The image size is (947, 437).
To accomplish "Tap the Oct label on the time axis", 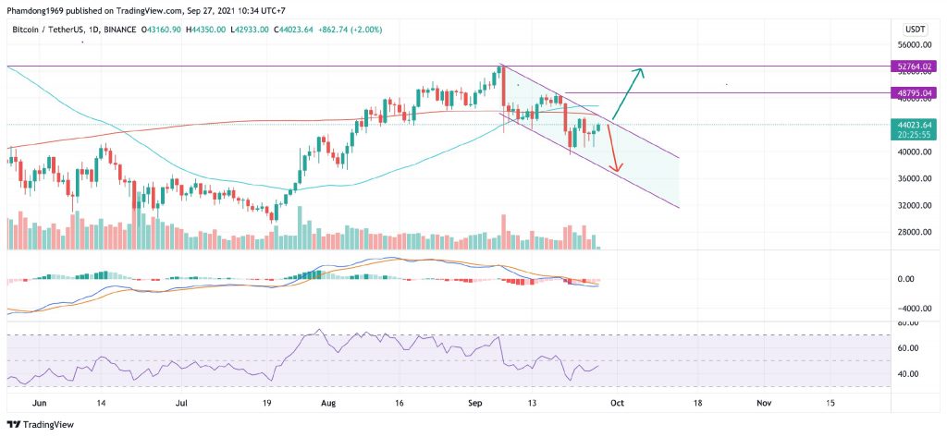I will [x=618, y=404].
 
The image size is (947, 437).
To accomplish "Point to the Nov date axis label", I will [x=763, y=404].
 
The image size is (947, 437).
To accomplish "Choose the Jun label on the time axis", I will [x=39, y=404].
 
